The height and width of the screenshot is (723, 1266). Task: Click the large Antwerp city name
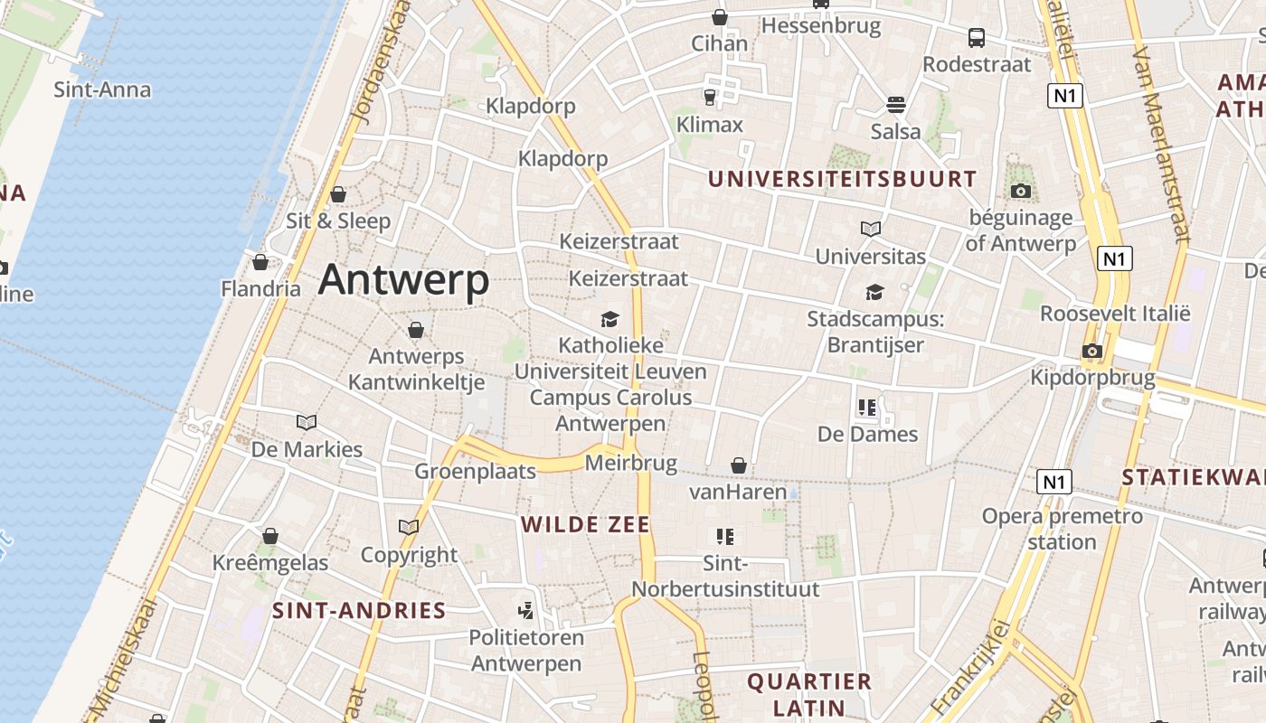[403, 280]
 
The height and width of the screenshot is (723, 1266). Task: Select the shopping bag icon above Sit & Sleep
[338, 194]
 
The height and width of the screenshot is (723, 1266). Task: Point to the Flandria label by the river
[260, 289]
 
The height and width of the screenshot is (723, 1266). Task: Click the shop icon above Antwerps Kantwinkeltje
[416, 330]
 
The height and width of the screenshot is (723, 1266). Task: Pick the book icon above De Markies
[307, 422]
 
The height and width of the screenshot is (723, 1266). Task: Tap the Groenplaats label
[475, 471]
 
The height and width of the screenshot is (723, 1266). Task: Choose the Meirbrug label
[631, 464]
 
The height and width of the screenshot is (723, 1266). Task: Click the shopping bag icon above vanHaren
[739, 465]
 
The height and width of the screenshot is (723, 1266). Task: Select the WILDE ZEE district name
[585, 524]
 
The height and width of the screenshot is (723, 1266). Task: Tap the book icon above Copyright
[409, 527]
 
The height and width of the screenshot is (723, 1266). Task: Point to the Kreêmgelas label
[270, 563]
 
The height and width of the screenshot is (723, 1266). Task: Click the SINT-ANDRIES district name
[359, 610]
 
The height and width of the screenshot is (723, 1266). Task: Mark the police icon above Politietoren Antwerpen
[525, 610]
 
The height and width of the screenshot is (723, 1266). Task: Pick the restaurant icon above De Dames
[867, 408]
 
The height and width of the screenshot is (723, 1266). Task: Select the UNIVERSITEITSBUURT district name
[842, 179]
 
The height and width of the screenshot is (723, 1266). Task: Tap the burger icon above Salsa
[896, 105]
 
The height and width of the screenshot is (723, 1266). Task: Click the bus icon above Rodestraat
[977, 38]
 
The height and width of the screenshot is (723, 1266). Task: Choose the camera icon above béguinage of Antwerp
[1021, 191]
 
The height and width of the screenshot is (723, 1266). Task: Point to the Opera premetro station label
[1063, 529]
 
